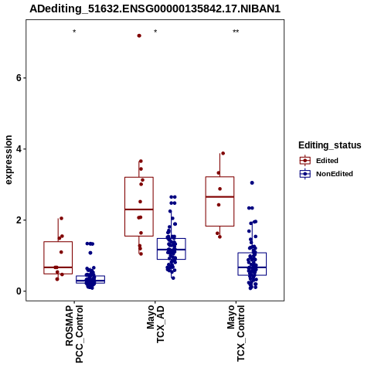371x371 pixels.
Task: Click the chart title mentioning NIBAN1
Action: (155, 9)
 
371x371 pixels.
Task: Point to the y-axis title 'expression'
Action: (9, 160)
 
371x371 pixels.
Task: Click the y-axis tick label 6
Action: (19, 78)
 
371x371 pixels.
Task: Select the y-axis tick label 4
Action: (19, 149)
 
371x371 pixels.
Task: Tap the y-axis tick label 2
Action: (19, 220)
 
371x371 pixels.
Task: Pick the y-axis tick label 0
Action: (19, 291)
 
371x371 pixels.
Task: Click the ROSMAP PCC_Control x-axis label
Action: (74, 334)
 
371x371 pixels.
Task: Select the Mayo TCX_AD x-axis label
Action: (155, 324)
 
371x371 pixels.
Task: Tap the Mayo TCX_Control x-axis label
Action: (236, 333)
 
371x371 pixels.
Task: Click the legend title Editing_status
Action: (330, 145)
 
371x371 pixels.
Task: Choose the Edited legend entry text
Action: (327, 161)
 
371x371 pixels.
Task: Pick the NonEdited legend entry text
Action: (335, 174)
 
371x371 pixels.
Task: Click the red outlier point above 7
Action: (139, 36)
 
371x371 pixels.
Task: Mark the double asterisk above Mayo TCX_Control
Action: (236, 32)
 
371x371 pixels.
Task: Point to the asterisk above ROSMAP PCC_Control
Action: (74, 32)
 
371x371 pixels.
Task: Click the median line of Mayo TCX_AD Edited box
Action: (139, 209)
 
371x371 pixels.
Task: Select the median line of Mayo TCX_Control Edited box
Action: (220, 197)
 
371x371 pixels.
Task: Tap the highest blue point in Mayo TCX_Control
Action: (252, 183)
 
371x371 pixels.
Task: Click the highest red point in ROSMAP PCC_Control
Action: (61, 219)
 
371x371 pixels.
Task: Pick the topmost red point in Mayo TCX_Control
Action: (223, 154)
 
